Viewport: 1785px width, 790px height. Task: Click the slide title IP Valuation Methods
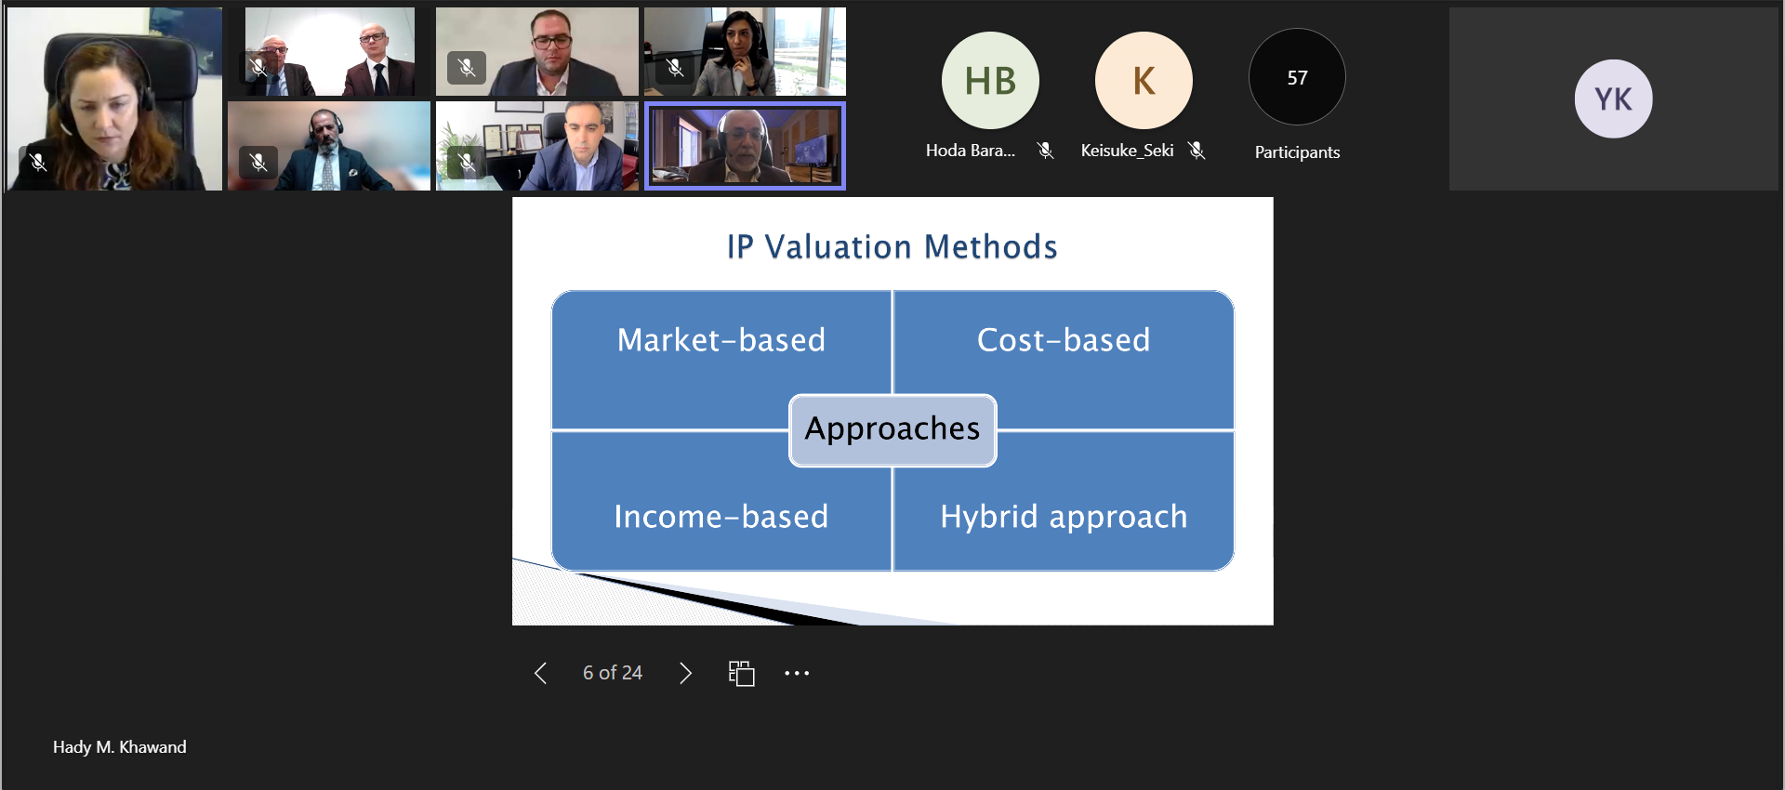tap(892, 247)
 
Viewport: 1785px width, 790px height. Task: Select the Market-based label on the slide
tap(721, 340)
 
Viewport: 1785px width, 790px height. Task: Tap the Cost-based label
tap(1064, 340)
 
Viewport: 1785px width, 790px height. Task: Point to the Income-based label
tap(721, 517)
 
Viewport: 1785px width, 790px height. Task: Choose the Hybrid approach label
tap(1064, 518)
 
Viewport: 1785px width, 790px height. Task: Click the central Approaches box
tap(892, 430)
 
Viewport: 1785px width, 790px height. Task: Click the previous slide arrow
tap(540, 673)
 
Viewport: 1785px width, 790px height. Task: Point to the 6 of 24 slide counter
tap(613, 673)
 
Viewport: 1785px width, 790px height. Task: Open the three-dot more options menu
tap(797, 673)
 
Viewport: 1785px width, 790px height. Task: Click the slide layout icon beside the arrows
tap(741, 673)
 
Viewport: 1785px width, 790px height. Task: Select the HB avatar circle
tap(990, 81)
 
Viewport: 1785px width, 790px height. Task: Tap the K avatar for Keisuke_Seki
tap(1144, 81)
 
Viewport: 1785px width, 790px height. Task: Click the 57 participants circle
tap(1297, 77)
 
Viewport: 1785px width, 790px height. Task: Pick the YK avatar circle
tap(1613, 99)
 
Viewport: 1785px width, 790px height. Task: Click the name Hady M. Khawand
tap(120, 747)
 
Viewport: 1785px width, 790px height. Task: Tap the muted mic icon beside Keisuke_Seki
tap(1197, 151)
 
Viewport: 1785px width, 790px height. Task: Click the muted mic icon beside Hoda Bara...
tap(1046, 151)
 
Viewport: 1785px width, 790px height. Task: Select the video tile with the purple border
tap(745, 147)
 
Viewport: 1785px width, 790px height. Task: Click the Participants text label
tap(1297, 152)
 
